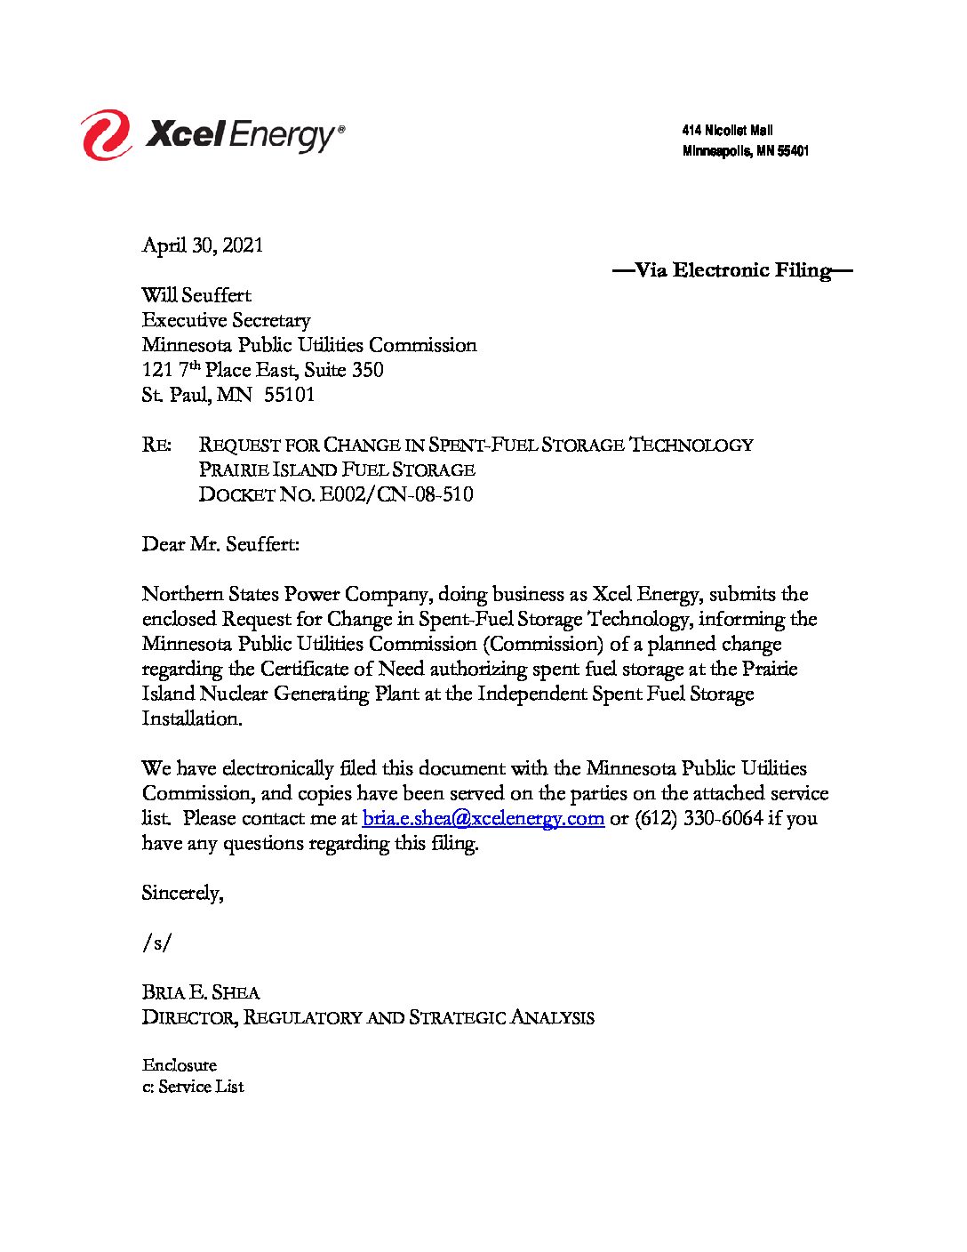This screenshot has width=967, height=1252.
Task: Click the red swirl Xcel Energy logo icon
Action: coord(107,135)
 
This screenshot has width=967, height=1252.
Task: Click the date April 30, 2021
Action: coord(203,245)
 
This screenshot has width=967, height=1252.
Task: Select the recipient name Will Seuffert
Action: coord(196,295)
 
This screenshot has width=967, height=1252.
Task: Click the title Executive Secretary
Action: coord(226,320)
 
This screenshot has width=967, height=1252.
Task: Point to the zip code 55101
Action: coord(290,395)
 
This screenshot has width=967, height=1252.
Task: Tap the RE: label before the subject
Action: coord(156,445)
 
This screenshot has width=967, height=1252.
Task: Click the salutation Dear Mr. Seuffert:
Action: coord(220,544)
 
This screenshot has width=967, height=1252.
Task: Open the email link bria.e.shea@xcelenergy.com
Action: coord(483,818)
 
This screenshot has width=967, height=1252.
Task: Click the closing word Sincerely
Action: coord(182,893)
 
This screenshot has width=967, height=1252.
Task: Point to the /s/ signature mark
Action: coord(156,943)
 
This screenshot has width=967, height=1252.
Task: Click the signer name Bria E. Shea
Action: coord(201,992)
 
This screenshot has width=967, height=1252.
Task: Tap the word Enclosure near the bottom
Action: coord(179,1065)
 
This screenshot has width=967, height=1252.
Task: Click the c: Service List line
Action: coord(193,1087)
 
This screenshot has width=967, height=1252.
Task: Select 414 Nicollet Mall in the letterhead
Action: coord(727,131)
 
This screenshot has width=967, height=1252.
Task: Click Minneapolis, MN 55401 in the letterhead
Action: coord(745,151)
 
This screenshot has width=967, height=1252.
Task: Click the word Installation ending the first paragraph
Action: coord(191,718)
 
